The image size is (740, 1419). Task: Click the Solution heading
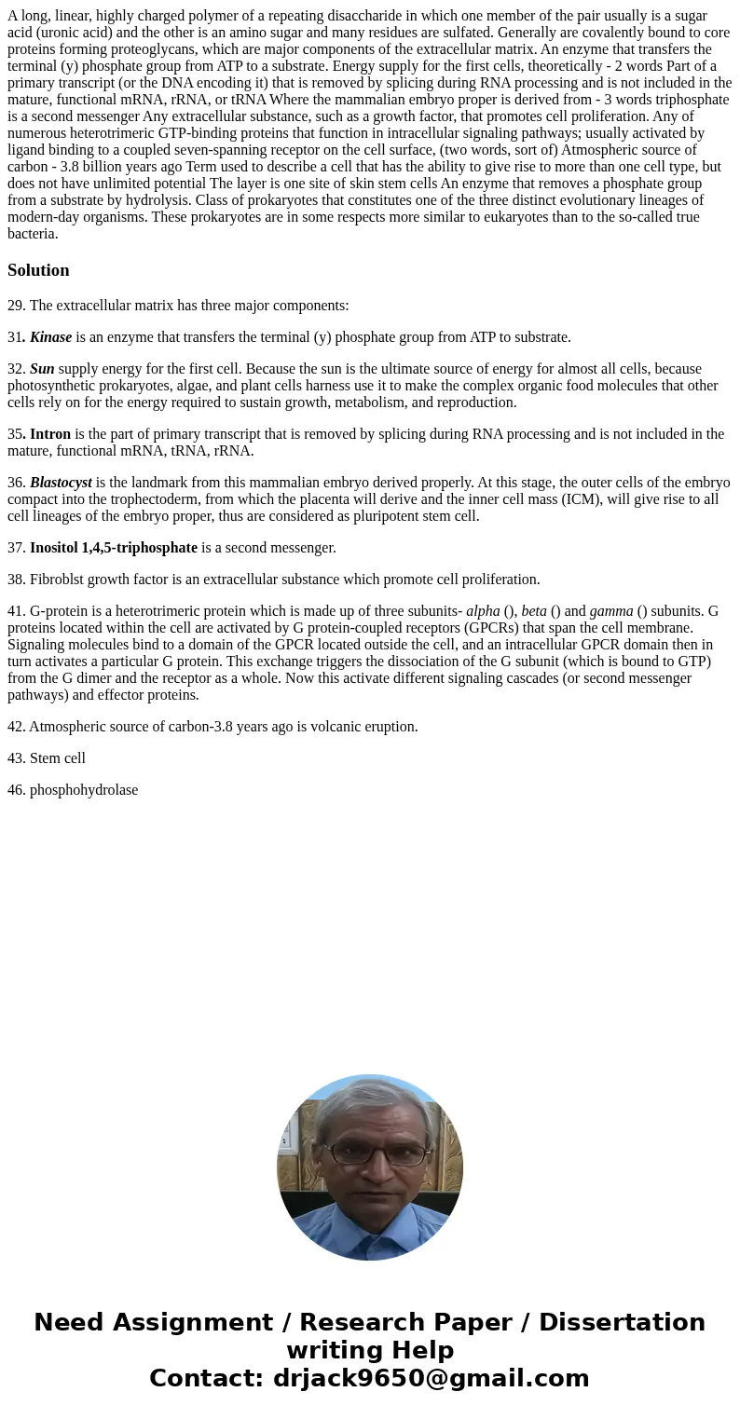(x=38, y=270)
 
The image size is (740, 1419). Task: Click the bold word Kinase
(x=50, y=337)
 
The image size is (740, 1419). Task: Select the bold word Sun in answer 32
(x=42, y=369)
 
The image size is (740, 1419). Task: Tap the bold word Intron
(x=50, y=434)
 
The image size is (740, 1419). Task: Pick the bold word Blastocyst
(x=61, y=483)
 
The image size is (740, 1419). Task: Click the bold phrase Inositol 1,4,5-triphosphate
(x=114, y=548)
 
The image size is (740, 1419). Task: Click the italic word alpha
(x=483, y=611)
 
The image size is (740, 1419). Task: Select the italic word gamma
(x=611, y=611)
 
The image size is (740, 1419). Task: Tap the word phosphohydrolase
(x=84, y=790)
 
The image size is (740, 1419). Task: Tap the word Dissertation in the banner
(x=622, y=1322)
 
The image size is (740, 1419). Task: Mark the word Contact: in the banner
(x=206, y=1378)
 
